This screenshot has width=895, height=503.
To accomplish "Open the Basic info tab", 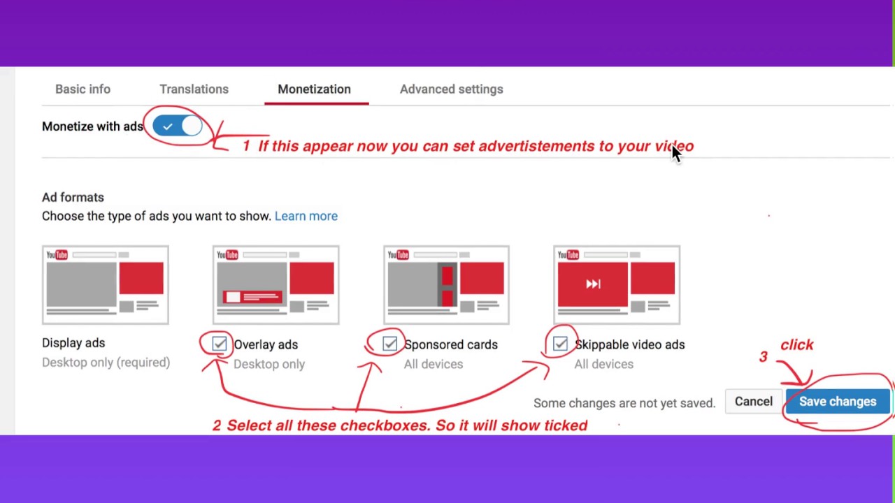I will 83,89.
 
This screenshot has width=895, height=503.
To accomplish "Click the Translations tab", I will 194,89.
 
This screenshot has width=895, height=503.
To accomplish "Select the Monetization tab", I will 314,89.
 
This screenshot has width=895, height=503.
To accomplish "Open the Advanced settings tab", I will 451,89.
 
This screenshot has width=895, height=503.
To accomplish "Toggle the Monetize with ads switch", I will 178,126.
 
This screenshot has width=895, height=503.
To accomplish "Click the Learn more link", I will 306,216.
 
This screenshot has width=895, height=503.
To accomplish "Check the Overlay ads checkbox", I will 220,344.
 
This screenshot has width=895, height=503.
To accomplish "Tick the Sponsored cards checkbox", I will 389,344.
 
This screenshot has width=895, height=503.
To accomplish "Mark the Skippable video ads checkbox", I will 560,344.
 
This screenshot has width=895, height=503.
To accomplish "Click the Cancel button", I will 753,402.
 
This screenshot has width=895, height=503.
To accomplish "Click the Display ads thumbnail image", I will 105,285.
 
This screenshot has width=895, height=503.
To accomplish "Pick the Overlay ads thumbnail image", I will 275,285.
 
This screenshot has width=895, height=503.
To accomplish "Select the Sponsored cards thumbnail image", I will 446,285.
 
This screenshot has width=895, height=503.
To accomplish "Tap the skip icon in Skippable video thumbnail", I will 593,284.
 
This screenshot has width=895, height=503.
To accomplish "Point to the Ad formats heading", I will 73,198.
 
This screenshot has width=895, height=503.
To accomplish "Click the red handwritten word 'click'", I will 796,345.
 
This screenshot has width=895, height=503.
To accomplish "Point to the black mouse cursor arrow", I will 675,153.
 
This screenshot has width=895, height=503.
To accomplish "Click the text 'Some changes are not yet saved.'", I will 624,403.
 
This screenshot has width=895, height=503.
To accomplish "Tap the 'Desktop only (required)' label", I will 106,363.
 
